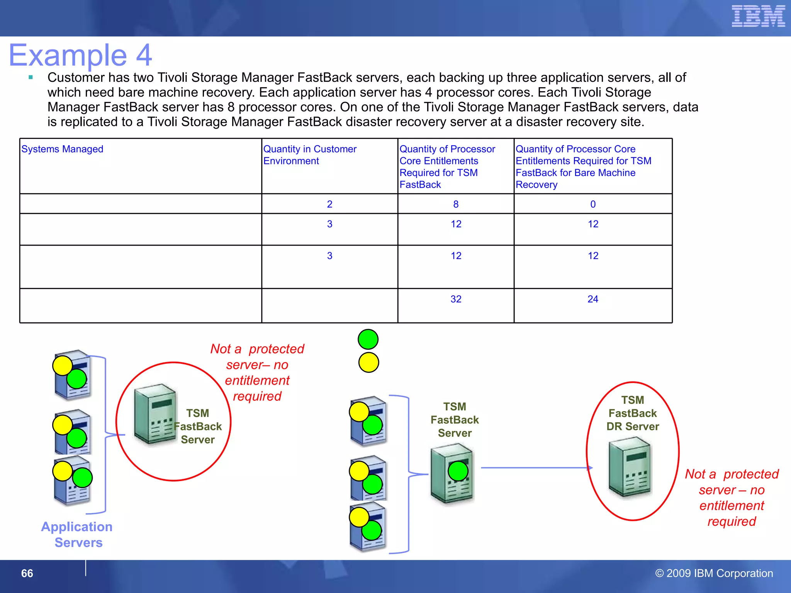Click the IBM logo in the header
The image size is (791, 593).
click(758, 17)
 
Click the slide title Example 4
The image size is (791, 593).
click(80, 55)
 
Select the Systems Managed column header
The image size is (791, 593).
click(62, 149)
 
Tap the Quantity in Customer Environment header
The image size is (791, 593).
click(310, 155)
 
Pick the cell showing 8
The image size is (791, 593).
click(456, 204)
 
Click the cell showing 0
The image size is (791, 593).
click(593, 204)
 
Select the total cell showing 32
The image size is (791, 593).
click(456, 299)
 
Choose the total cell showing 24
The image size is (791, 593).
click(593, 299)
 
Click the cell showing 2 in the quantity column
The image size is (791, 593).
click(329, 204)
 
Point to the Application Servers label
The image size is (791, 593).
click(77, 535)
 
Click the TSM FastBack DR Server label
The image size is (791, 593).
click(633, 413)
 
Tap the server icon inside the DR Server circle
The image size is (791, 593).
click(630, 467)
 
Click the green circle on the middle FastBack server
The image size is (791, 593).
click(458, 471)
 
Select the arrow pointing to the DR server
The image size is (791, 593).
click(537, 468)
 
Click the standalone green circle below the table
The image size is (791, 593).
click(368, 339)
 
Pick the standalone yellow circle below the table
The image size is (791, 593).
click(368, 363)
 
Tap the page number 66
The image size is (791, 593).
click(27, 573)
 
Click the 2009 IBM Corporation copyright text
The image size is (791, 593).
click(714, 573)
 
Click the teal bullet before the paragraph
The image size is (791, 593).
click(31, 78)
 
